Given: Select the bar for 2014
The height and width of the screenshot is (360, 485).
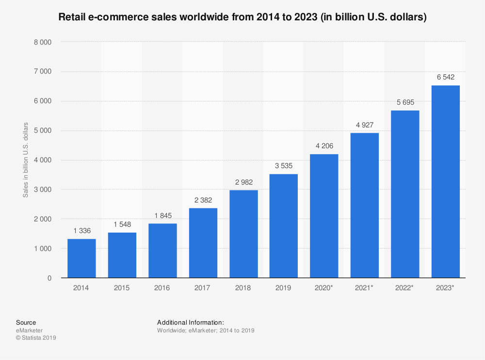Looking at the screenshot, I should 81,258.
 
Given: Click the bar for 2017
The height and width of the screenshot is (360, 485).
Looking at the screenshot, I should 203,243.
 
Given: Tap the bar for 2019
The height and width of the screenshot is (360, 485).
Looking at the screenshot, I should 284,226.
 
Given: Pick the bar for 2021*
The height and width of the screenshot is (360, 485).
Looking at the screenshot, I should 365,205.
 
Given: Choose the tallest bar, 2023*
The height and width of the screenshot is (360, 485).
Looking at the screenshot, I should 445,182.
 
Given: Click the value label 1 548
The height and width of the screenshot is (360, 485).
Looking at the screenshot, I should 122,224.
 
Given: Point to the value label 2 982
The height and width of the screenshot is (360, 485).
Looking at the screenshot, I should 243,182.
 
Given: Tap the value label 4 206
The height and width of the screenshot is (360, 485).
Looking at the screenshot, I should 324,146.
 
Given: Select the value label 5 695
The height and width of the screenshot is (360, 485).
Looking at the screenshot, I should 405,102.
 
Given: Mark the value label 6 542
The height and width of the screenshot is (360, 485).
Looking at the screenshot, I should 445,77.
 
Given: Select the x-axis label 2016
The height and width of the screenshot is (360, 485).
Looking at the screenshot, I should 162,288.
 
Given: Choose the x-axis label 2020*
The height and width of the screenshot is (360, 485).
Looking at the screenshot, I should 324,288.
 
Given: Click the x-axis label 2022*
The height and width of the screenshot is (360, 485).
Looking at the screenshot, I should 405,288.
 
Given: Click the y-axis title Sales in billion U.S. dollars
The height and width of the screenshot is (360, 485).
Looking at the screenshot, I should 26,160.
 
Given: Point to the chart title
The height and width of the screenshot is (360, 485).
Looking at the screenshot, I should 242,17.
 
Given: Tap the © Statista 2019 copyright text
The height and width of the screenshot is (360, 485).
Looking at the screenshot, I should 36,338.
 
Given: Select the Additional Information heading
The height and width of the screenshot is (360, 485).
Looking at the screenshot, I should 190,322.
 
